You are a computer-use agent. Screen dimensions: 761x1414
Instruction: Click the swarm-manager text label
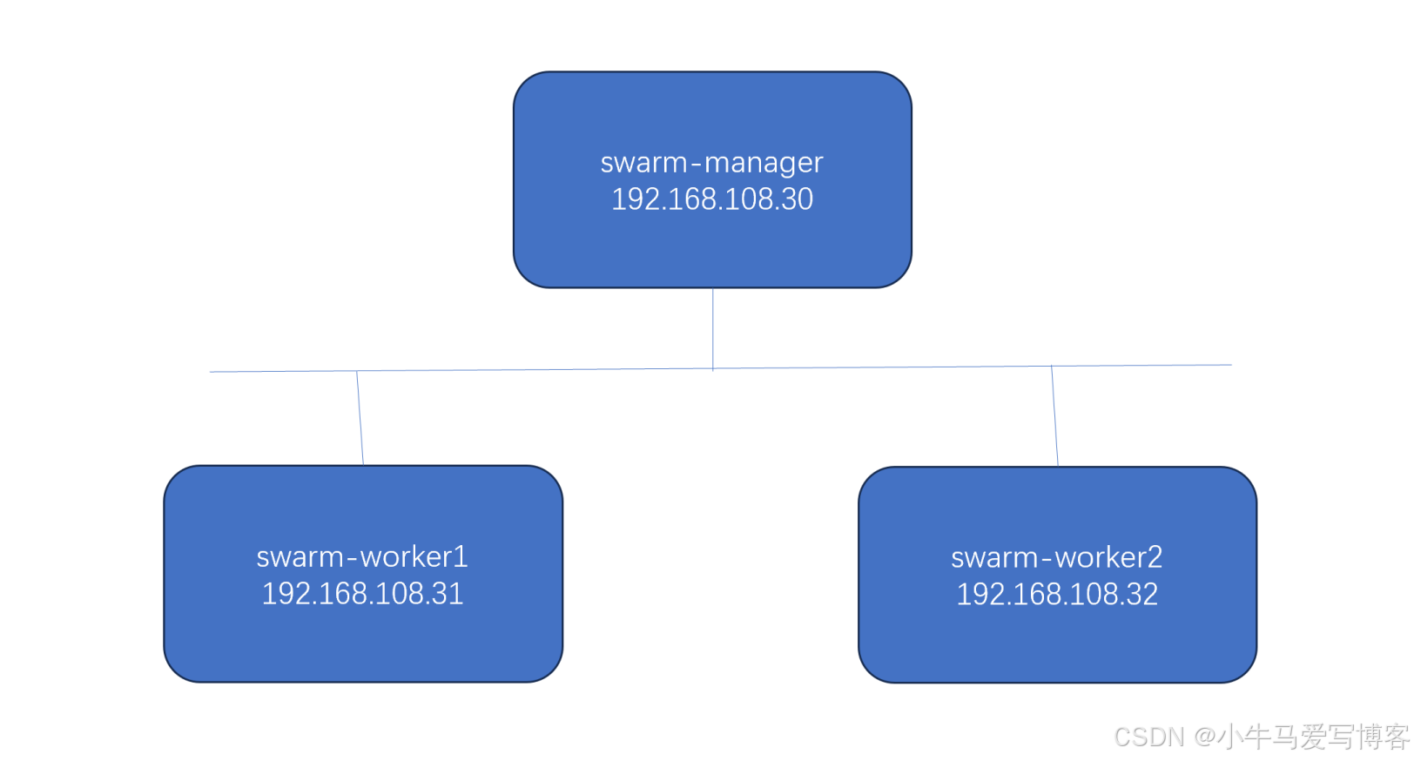[711, 163]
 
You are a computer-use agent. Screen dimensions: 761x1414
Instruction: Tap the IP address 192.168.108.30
[711, 199]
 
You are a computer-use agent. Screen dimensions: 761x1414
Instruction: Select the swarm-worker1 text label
[362, 556]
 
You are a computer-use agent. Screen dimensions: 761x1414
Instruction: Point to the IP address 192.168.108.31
[362, 594]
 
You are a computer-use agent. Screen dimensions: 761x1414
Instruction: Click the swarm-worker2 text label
[1056, 557]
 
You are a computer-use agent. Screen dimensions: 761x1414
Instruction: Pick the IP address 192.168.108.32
[1056, 595]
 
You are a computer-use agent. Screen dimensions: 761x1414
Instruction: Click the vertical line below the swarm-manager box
[713, 327]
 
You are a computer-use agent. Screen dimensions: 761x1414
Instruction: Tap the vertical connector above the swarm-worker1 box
[360, 418]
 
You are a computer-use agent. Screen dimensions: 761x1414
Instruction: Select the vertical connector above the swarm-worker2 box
[1054, 416]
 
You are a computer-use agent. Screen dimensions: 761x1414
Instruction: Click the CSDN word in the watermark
[1149, 737]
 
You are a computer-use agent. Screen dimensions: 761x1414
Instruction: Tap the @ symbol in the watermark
[1205, 737]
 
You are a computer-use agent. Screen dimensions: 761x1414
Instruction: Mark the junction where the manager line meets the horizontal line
[713, 368]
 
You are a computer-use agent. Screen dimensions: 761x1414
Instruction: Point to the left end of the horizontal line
[212, 372]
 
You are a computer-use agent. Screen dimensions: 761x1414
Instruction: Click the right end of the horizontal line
[1229, 365]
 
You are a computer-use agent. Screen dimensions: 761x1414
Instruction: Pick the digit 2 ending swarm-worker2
[1155, 557]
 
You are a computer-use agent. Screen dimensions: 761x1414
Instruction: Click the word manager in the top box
[763, 164]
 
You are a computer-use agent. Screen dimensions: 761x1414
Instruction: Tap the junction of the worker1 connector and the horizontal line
[357, 371]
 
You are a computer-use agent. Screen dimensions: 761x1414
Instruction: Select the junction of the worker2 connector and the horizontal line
[1052, 367]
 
